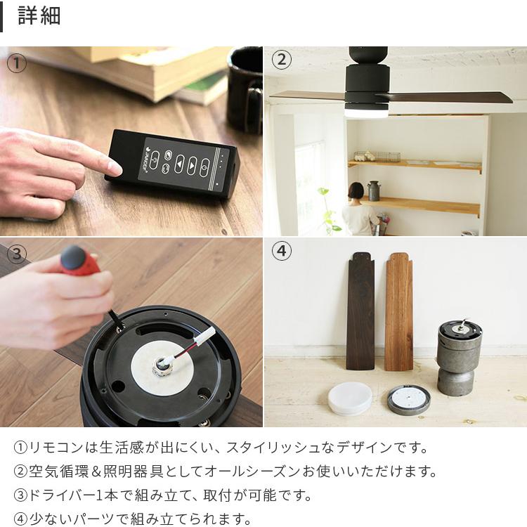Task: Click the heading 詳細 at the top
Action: (x=39, y=15)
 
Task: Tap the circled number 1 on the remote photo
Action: (x=16, y=63)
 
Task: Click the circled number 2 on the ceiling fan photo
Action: (x=282, y=60)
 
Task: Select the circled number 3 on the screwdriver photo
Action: (x=16, y=254)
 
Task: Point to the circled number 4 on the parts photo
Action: (x=282, y=251)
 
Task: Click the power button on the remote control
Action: (x=204, y=168)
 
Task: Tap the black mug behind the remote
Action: (x=245, y=89)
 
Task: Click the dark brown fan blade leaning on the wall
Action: (x=361, y=311)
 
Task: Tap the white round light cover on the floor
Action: (x=350, y=398)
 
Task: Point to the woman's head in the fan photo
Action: (x=355, y=190)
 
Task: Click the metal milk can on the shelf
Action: (x=373, y=190)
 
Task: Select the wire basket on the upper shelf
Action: (x=377, y=156)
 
